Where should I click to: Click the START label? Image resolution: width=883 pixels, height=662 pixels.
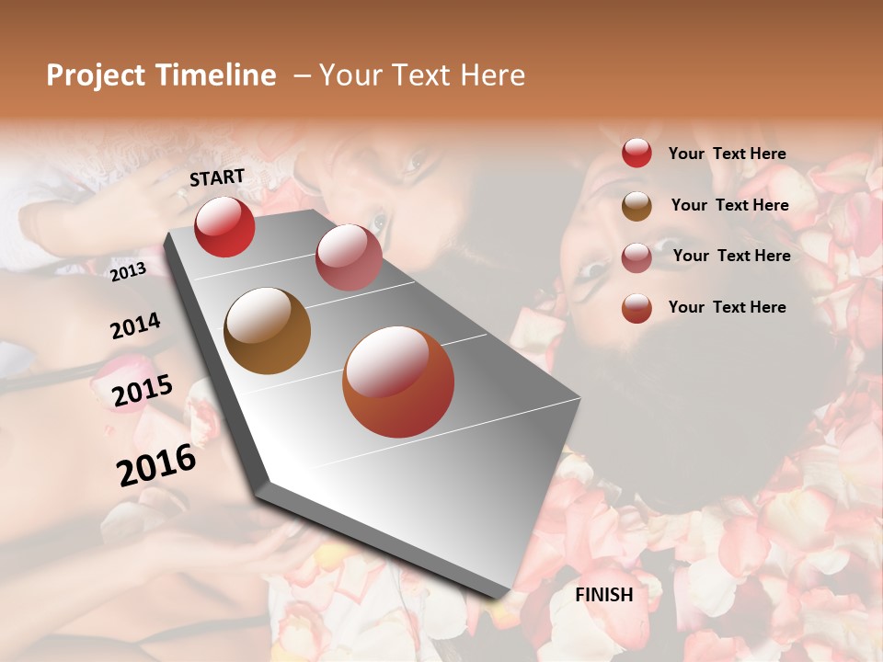[x=217, y=177]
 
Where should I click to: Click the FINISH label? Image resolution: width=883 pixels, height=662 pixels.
[x=604, y=595]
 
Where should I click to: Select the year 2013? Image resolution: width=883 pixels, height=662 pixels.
[x=128, y=272]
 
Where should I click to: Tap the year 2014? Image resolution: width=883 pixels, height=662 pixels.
[x=135, y=326]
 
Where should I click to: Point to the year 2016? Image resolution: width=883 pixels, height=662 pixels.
[x=156, y=465]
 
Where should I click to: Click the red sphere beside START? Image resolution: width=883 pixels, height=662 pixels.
[x=224, y=226]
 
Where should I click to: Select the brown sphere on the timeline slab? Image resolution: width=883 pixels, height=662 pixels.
[x=268, y=331]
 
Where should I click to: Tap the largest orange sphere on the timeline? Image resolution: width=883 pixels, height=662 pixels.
[x=398, y=382]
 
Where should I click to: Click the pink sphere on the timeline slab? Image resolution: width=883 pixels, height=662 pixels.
[x=349, y=257]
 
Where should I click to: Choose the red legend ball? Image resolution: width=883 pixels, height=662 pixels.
[x=636, y=154]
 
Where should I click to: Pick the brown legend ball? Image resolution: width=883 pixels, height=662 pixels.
[x=636, y=206]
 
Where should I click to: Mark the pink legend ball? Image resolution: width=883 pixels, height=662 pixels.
[x=636, y=257]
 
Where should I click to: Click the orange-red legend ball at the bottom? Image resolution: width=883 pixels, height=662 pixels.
[x=636, y=308]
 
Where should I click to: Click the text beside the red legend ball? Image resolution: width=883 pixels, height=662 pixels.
[x=728, y=154]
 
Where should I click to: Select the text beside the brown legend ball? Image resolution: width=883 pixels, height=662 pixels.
[x=730, y=205]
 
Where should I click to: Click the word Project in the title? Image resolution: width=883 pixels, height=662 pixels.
[x=97, y=75]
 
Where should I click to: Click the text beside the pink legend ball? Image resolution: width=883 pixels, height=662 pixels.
[x=732, y=256]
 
